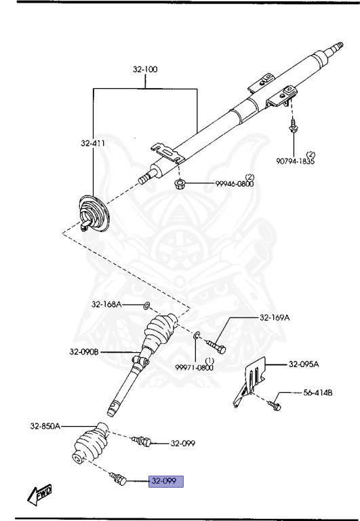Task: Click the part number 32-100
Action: pos(145,69)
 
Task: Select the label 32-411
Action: pos(93,143)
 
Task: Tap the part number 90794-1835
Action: pos(295,161)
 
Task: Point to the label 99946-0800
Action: pos(235,184)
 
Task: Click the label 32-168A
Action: pos(106,304)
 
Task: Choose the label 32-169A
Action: pos(275,317)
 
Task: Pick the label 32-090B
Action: pos(84,351)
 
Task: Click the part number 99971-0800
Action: pos(195,368)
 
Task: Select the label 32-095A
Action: pos(304,364)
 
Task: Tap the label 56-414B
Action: pos(318,393)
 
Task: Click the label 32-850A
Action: pos(45,426)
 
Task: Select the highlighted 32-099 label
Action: pos(165,481)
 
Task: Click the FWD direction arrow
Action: pos(39,495)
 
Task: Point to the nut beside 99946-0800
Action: pos(180,184)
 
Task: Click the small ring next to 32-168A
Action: pos(146,305)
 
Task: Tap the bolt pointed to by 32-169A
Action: pos(216,346)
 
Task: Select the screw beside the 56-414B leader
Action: pos(275,405)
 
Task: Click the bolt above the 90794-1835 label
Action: pos(294,126)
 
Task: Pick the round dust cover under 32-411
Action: pos(94,214)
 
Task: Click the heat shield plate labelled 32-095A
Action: pos(249,382)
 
